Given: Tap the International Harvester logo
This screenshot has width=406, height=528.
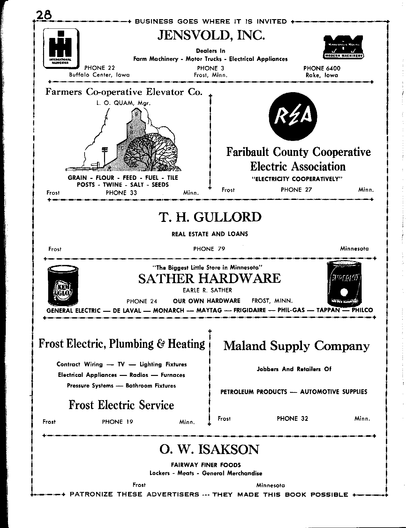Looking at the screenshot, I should click(61, 48).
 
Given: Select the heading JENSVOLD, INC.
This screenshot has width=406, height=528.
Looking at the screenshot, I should click(211, 36).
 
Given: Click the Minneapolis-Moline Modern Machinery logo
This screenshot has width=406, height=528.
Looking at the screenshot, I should click(343, 47).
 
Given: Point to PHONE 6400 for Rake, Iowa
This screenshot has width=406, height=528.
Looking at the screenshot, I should click(322, 68).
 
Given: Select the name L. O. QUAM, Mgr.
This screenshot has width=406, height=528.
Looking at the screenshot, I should click(123, 103).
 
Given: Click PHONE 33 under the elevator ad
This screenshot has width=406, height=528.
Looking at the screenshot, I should click(121, 193).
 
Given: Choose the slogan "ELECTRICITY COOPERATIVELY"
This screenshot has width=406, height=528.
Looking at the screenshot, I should click(297, 179).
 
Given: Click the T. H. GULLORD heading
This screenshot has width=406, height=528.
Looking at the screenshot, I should click(210, 217).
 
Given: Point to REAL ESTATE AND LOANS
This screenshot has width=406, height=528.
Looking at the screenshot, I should click(210, 234).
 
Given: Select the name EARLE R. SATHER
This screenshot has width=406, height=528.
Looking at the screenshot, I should click(207, 290).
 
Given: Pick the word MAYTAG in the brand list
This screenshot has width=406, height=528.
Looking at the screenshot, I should click(209, 310).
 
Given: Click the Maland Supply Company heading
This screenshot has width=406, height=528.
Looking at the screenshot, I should click(297, 346).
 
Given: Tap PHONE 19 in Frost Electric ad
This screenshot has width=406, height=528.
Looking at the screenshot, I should click(117, 422).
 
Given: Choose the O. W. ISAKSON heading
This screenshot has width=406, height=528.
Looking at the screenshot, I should click(209, 450).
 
